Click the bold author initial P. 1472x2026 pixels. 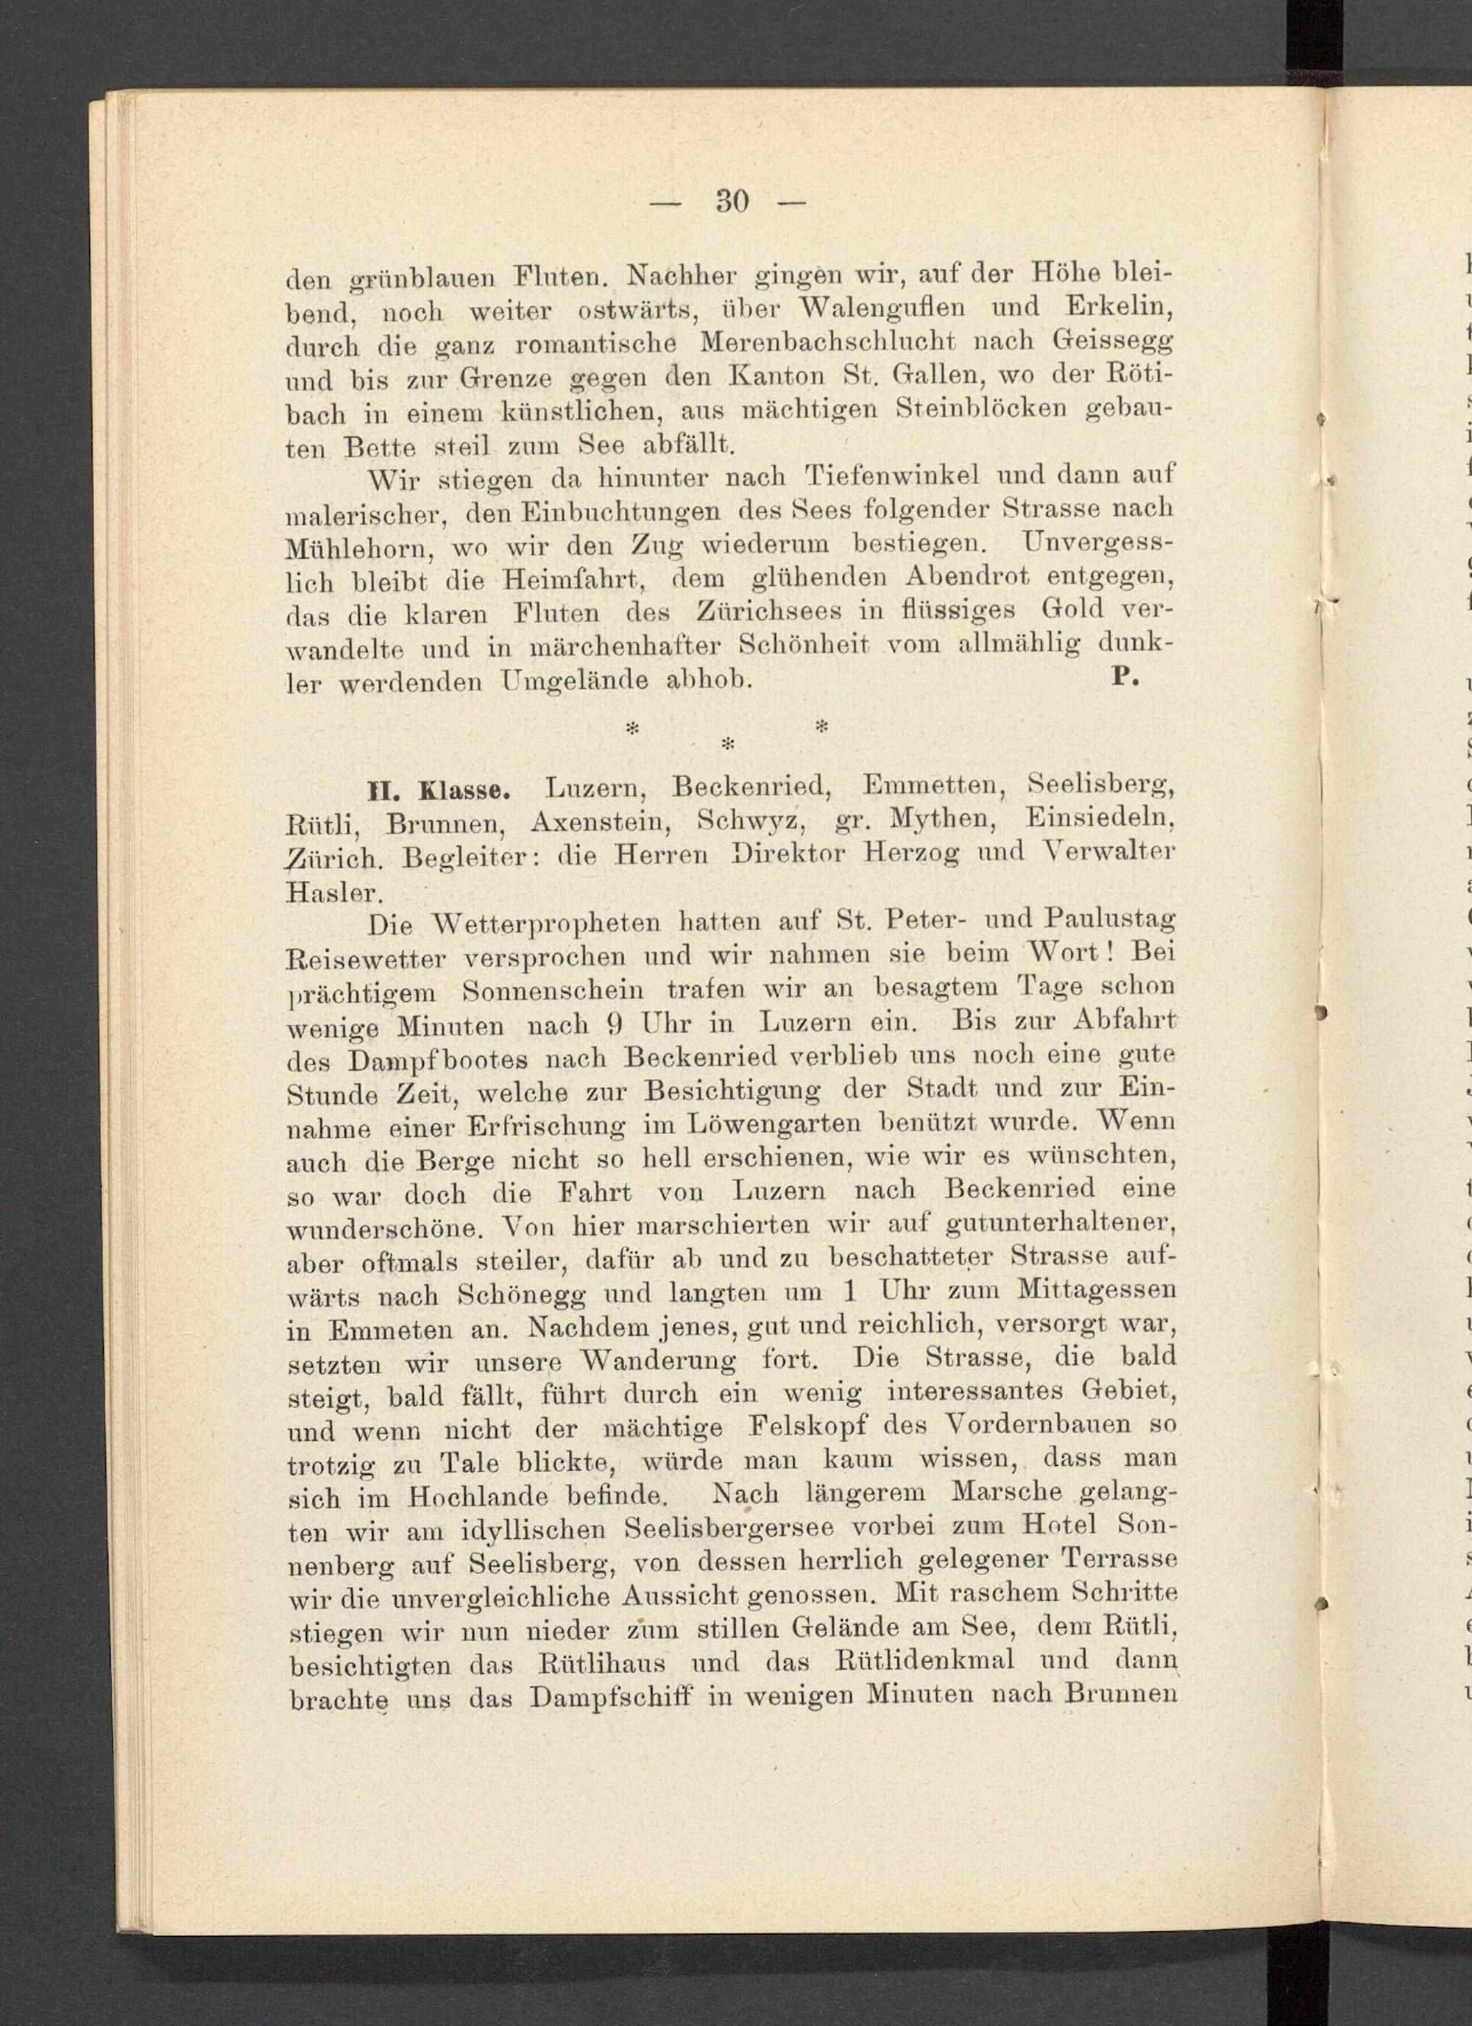coord(1122,677)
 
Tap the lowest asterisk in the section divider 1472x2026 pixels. coord(727,743)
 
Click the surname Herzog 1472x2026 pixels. coord(915,853)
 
